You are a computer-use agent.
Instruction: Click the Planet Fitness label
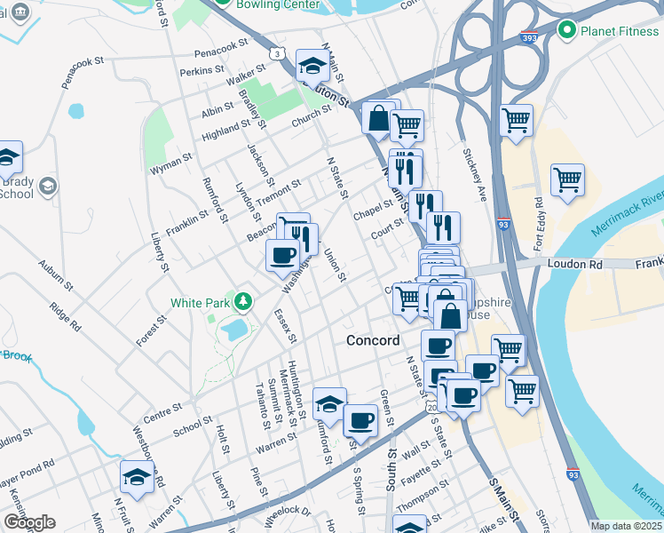(x=621, y=31)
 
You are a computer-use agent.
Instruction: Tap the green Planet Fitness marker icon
(x=568, y=31)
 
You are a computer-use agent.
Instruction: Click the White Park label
(x=200, y=302)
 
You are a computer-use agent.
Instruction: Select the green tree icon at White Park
(x=241, y=301)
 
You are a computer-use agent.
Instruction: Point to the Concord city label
(x=373, y=340)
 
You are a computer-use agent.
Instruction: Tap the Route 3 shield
(x=279, y=54)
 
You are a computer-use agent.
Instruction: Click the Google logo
(x=29, y=522)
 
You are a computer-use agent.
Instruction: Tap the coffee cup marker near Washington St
(x=282, y=255)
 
